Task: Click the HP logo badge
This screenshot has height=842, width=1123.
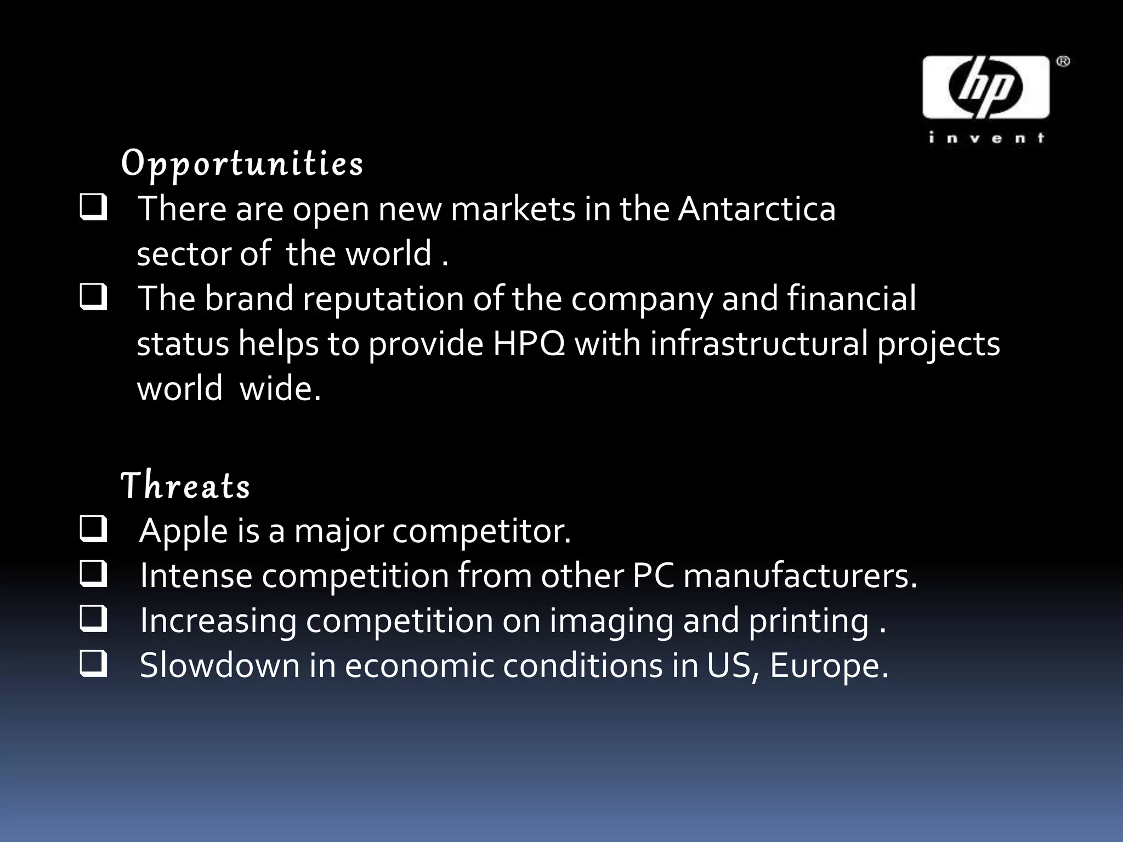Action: pyautogui.click(x=985, y=87)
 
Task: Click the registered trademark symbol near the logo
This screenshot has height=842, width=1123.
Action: pyautogui.click(x=1063, y=62)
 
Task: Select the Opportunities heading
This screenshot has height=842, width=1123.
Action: pyautogui.click(x=242, y=164)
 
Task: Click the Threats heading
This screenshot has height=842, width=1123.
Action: pyautogui.click(x=185, y=486)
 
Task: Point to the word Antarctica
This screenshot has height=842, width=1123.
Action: pyautogui.click(x=757, y=209)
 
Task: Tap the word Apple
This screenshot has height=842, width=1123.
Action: pyautogui.click(x=184, y=531)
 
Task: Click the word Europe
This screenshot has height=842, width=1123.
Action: pyautogui.click(x=828, y=666)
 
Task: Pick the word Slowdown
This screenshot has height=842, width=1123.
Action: pyautogui.click(x=219, y=666)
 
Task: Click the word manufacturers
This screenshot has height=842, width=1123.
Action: pyautogui.click(x=800, y=576)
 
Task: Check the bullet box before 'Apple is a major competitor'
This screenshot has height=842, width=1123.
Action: pyautogui.click(x=93, y=530)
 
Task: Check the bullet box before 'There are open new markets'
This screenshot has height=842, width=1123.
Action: pyautogui.click(x=93, y=208)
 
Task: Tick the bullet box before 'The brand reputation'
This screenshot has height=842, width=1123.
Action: pyautogui.click(x=93, y=298)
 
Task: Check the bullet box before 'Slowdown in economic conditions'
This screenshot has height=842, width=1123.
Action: pyautogui.click(x=93, y=665)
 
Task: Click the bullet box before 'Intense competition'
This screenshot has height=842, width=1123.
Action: pyautogui.click(x=93, y=575)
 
